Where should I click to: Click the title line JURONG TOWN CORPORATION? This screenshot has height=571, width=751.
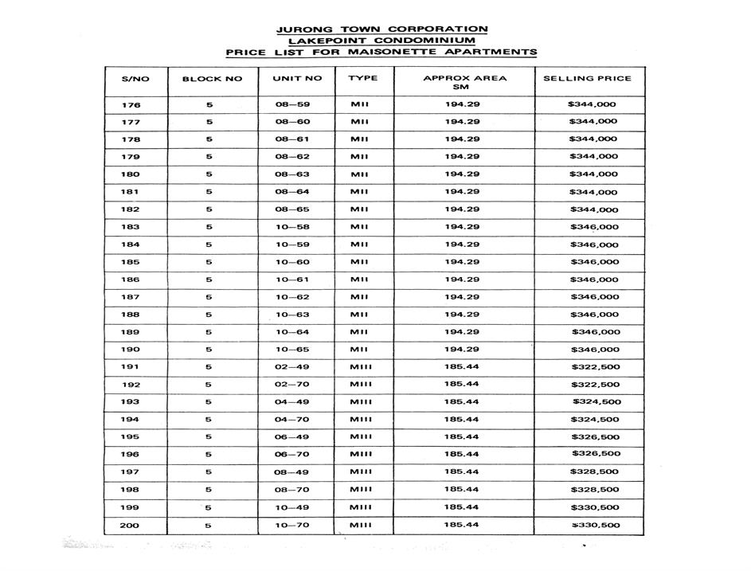(x=381, y=29)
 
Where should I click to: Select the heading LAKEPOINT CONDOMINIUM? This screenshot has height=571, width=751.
(x=381, y=41)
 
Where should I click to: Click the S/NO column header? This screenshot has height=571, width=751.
(x=135, y=79)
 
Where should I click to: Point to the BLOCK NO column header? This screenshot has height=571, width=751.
(x=212, y=79)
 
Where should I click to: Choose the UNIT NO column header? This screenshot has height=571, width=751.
(x=297, y=79)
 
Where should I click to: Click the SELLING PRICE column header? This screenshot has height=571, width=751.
(x=587, y=78)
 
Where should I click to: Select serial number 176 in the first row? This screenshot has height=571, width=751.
(x=131, y=105)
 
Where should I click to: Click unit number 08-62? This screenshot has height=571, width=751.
(x=292, y=157)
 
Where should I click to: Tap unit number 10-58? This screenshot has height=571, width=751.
(x=292, y=227)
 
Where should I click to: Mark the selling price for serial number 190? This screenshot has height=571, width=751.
(x=595, y=350)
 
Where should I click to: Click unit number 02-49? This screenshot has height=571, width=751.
(x=292, y=367)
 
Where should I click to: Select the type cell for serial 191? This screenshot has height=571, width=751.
(x=361, y=367)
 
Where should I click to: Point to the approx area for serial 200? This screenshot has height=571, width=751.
(x=462, y=525)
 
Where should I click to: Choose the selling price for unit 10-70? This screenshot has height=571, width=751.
(x=595, y=526)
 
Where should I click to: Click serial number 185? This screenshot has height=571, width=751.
(x=131, y=262)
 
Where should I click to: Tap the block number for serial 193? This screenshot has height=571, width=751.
(x=209, y=402)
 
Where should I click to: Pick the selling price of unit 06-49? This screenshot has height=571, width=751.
(x=595, y=437)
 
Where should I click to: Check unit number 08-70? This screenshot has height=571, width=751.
(x=292, y=490)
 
